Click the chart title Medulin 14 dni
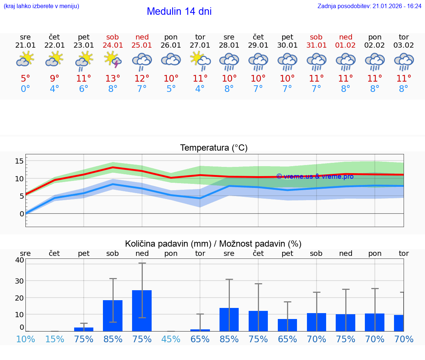179,11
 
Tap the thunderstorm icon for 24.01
113,59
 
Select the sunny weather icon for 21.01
25,59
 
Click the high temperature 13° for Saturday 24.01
113,78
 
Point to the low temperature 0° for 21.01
25,89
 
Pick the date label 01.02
346,45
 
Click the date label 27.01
200,45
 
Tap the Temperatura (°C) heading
214,148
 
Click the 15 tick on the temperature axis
19,161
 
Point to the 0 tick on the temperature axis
21,213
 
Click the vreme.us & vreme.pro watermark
315,176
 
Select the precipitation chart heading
213,244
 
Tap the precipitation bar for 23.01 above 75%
84,329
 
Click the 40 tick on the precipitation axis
19,260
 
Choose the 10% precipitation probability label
25,339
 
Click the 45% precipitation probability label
171,339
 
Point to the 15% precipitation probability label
55,339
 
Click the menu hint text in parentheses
41,6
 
